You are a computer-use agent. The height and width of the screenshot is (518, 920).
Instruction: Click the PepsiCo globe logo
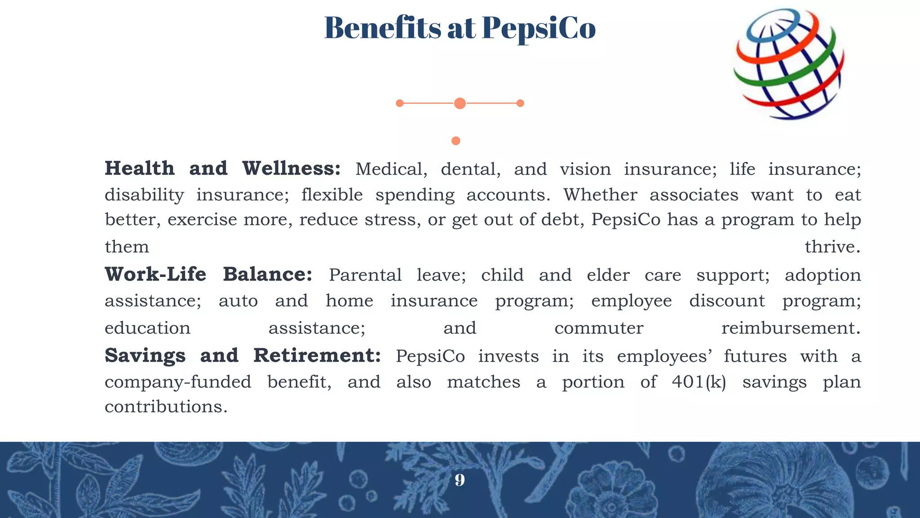coord(789,64)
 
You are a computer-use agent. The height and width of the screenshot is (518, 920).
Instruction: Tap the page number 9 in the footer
coord(460,480)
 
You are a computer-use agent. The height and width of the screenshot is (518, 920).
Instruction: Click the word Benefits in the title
coord(383,28)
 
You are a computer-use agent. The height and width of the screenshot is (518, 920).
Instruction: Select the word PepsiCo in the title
coord(539,28)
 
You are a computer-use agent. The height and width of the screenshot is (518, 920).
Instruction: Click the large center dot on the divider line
coord(460,103)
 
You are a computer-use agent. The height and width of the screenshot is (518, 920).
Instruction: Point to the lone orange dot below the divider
coord(456,141)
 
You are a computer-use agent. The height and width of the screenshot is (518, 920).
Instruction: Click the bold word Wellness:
coord(292,169)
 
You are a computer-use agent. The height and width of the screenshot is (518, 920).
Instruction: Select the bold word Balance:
coord(267,274)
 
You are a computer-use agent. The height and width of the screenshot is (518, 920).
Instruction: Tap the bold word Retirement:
coord(317,356)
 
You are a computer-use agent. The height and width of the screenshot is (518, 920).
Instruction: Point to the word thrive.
coord(832,247)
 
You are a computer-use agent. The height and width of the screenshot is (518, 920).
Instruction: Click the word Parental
coord(365,275)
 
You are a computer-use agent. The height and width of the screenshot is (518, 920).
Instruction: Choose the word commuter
coord(599,328)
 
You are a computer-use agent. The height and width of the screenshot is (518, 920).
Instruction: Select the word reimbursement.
coord(791,328)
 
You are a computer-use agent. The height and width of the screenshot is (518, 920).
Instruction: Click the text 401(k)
coord(699,382)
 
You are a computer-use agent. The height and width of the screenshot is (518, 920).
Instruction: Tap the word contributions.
coord(166,407)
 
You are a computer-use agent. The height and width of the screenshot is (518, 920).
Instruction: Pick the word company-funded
coord(178,382)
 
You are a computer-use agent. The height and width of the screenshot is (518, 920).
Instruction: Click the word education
coord(147,328)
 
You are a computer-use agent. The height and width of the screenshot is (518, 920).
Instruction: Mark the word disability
coord(144,195)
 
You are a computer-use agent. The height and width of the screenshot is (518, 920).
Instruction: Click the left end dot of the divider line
coord(399,103)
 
